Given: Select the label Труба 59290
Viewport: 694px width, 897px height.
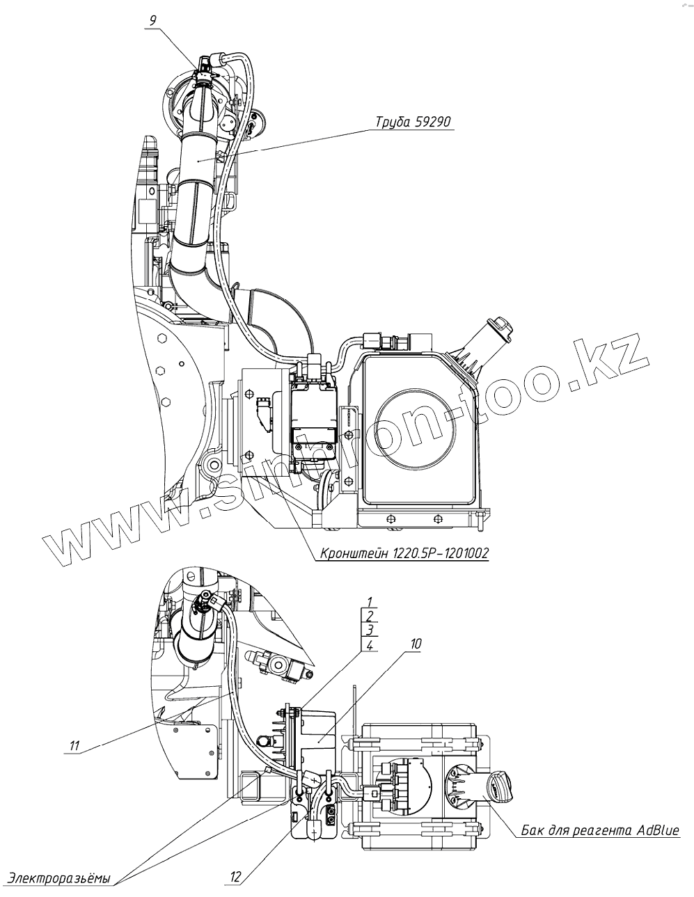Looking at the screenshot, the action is (x=413, y=122).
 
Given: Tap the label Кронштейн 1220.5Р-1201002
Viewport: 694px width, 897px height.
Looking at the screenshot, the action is (x=404, y=553).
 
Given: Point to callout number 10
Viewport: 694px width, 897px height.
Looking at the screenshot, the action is (x=416, y=644).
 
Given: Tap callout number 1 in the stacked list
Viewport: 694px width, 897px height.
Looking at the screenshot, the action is (x=370, y=602).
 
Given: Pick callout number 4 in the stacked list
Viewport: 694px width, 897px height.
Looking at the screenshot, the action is (x=370, y=646).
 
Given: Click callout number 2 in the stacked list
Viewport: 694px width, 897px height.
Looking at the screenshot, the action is (x=370, y=617).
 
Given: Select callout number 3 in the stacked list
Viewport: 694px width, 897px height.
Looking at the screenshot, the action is (x=370, y=631).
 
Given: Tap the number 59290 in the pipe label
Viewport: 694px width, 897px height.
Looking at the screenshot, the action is (x=432, y=122).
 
